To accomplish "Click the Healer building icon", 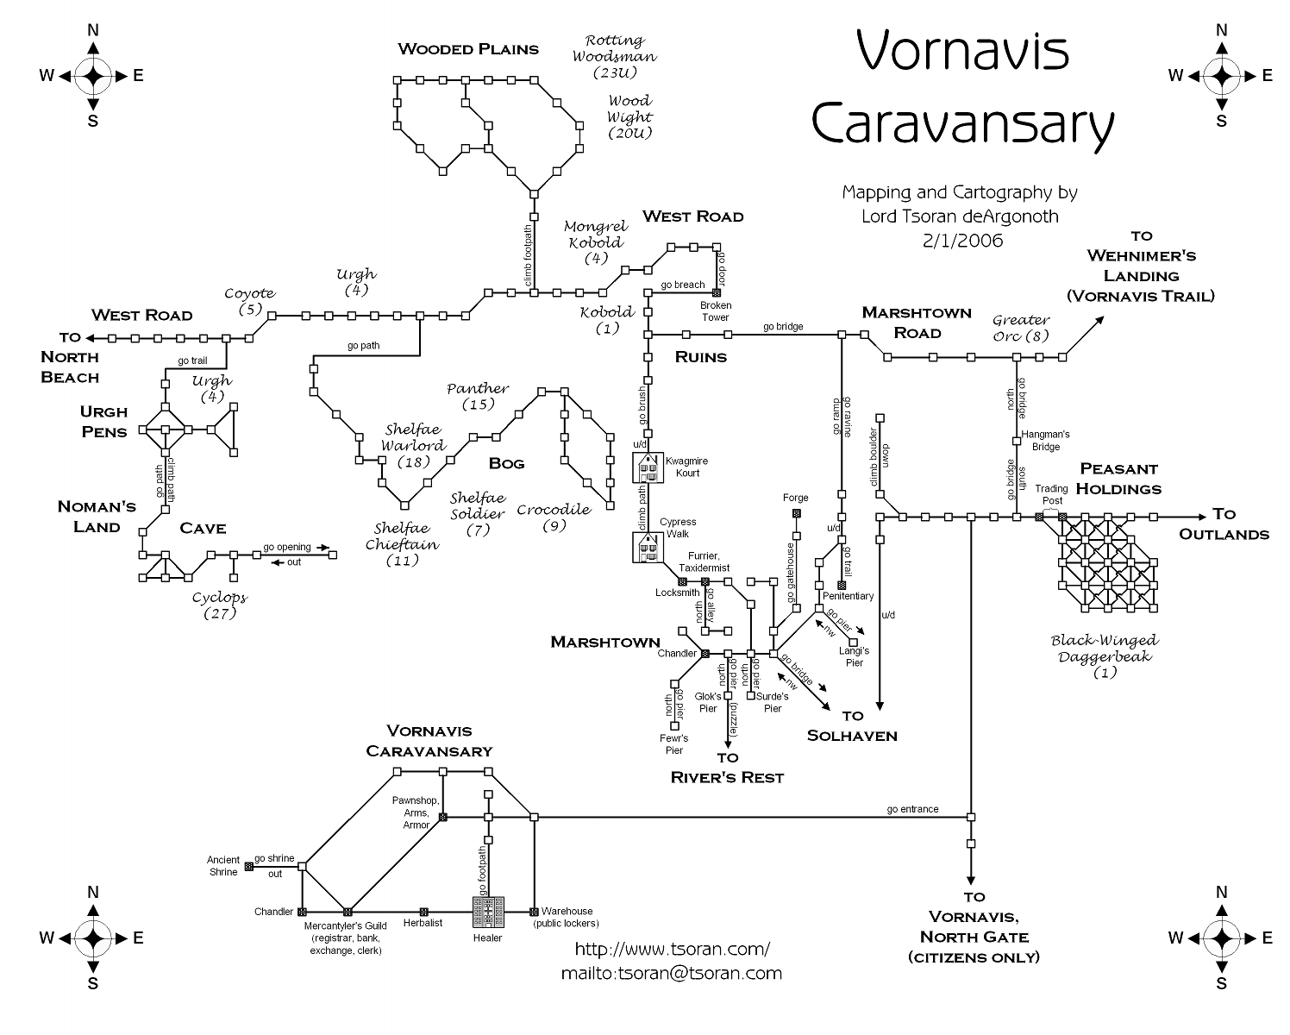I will (488, 911).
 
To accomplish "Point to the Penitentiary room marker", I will (842, 585).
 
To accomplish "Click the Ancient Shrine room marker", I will (248, 865).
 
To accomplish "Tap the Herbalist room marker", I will (423, 912).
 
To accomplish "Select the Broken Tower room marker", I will (716, 293).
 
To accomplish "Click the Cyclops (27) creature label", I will (219, 605).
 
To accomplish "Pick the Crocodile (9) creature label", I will (554, 517).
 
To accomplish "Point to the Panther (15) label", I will (478, 396).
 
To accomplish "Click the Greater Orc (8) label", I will (1021, 328).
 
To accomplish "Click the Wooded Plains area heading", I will (468, 49).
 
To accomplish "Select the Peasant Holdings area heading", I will (1120, 479).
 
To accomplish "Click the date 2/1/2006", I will (962, 241).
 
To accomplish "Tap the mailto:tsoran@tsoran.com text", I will (672, 973).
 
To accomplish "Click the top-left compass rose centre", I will (93, 76).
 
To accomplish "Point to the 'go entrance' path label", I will (912, 809).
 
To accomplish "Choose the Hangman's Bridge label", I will (1045, 441).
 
